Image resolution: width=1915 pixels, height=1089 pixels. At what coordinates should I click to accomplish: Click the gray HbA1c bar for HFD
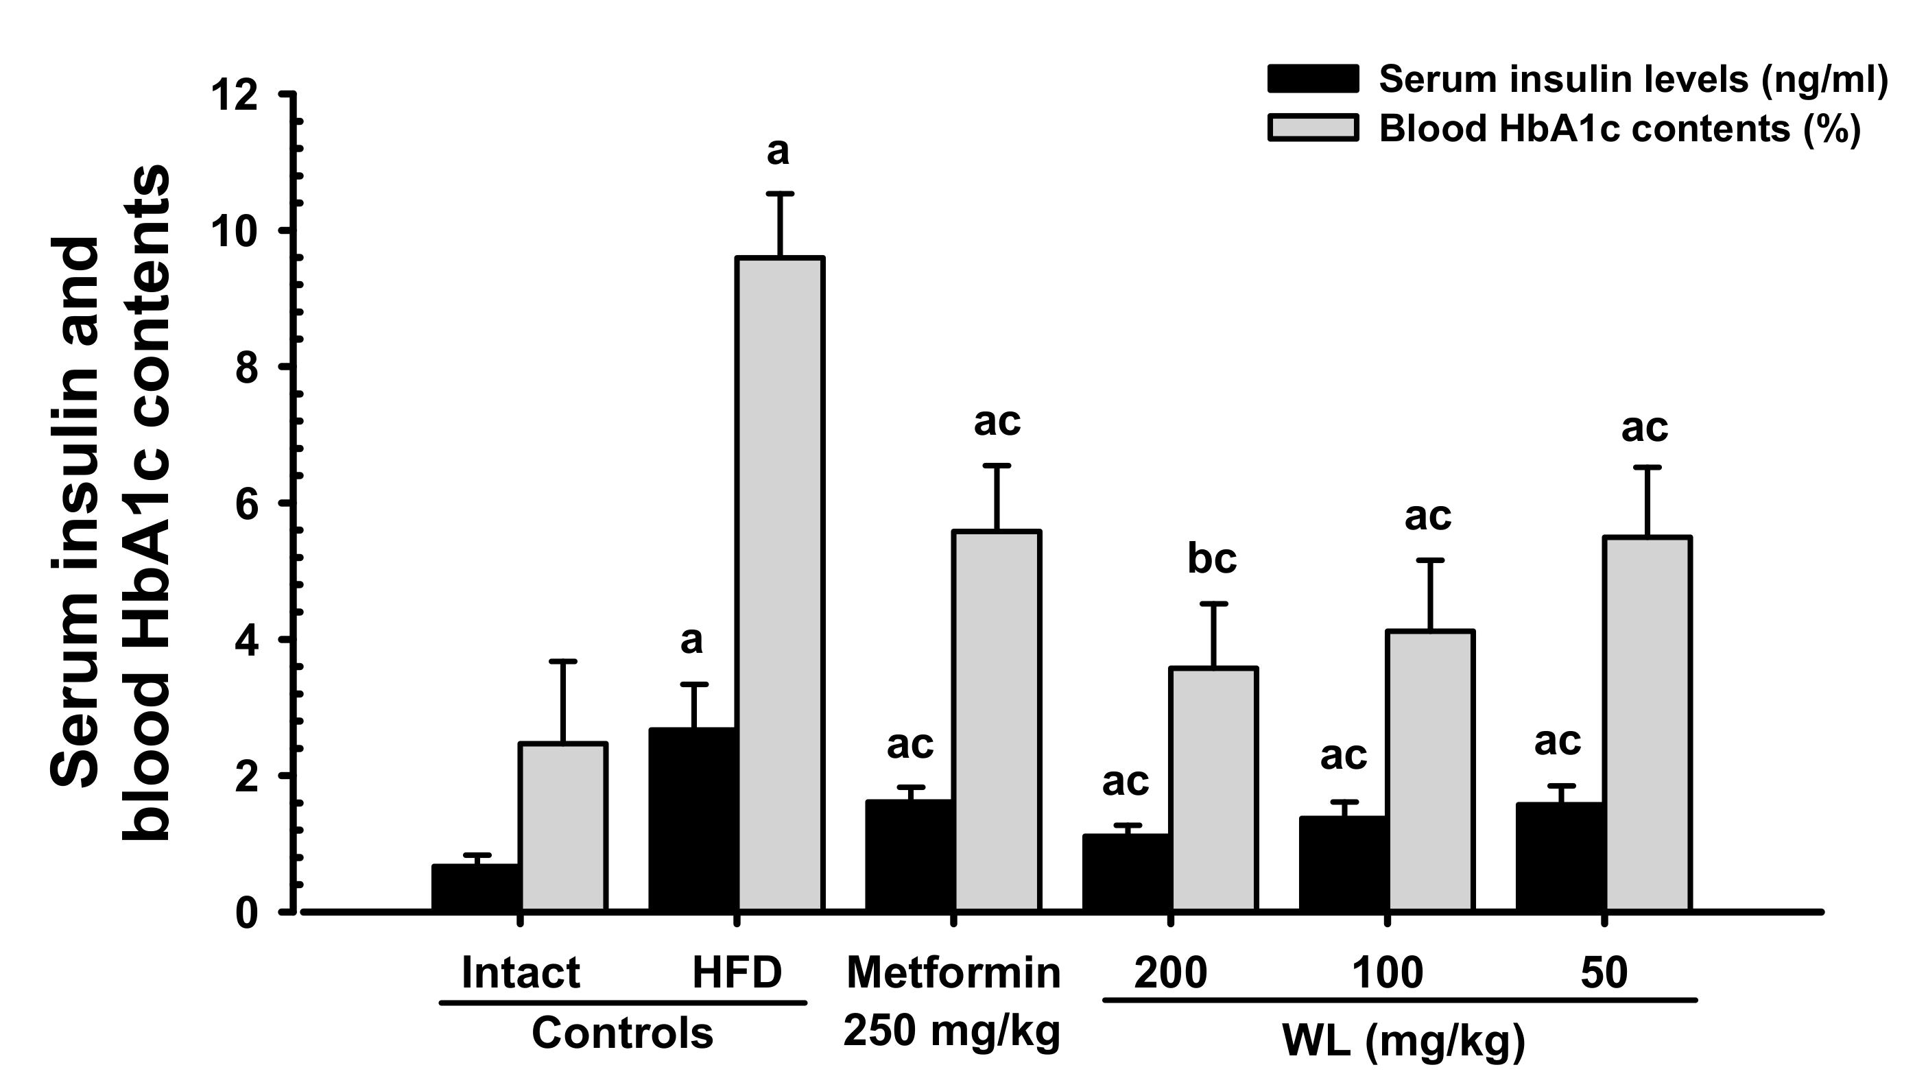tap(779, 584)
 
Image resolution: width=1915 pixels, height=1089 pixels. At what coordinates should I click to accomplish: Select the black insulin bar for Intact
tap(477, 888)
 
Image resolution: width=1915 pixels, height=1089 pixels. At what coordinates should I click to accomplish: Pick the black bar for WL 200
tap(1126, 873)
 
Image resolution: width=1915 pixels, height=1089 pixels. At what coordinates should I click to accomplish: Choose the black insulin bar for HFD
tap(693, 819)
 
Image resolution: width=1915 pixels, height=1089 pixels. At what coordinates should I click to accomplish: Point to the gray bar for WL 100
tap(1429, 770)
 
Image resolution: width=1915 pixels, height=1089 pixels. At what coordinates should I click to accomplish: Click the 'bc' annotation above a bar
tap(1212, 559)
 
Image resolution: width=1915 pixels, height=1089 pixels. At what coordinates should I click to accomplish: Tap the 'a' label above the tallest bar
tap(778, 152)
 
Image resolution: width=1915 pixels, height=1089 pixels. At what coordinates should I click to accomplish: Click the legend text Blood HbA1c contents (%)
tap(1619, 129)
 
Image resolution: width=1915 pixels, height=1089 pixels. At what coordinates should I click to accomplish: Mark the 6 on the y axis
tap(247, 504)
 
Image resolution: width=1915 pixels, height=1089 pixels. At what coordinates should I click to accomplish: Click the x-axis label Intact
tap(521, 973)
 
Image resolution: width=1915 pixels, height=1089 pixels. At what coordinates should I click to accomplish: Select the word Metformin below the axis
tap(953, 973)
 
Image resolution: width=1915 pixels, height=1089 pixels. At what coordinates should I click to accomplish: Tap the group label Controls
tap(622, 1033)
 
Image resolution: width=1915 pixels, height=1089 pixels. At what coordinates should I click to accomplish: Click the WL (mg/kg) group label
tap(1403, 1040)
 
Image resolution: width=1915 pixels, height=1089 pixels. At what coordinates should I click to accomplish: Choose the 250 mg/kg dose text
tap(951, 1031)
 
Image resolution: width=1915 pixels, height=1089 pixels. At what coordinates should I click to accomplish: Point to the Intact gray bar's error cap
tap(562, 661)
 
